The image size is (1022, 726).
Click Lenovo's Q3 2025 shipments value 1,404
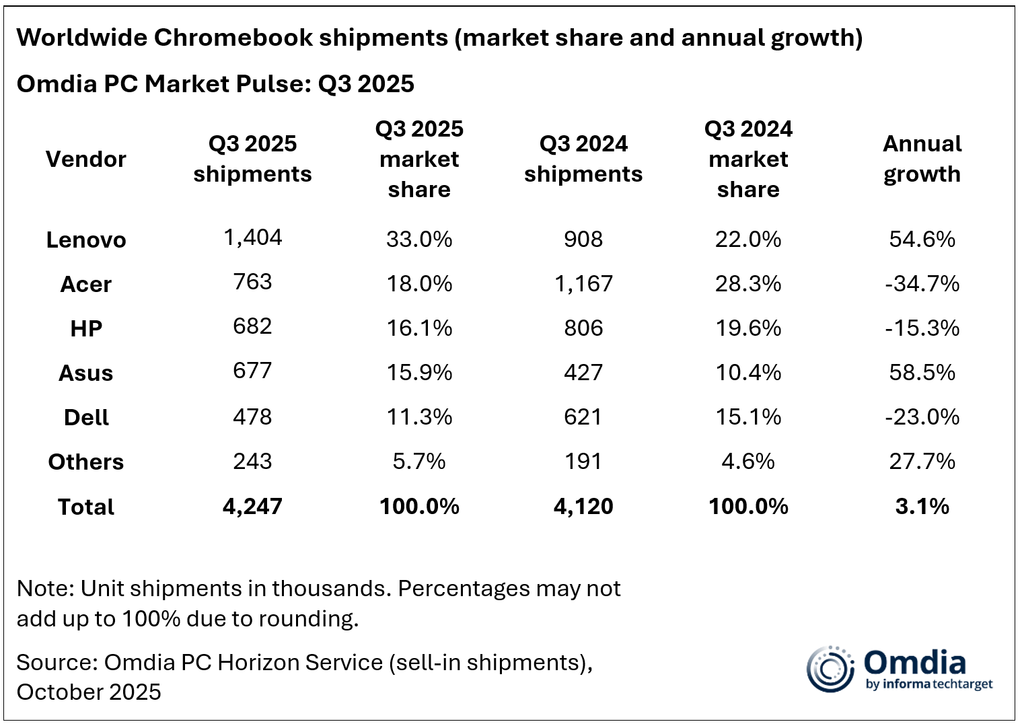coord(252,238)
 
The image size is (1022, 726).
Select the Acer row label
coord(86,284)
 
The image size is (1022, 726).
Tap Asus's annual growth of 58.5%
coord(922,372)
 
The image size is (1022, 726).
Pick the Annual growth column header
coord(922,159)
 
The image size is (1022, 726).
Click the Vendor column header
coord(86,159)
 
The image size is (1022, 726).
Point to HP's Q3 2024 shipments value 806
coord(583,328)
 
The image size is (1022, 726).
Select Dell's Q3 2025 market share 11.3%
coord(419,416)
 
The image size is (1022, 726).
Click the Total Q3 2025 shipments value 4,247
coord(252,506)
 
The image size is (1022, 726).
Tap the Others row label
coord(86,462)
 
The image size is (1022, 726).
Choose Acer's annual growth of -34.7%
coord(922,283)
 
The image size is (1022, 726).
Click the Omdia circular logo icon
coord(830,669)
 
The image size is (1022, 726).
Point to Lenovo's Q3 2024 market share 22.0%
coord(748,239)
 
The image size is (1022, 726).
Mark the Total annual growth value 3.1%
coord(922,506)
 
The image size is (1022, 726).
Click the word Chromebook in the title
coord(233,38)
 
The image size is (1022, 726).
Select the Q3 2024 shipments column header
coord(583,159)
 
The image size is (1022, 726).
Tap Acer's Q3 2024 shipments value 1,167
coord(583,283)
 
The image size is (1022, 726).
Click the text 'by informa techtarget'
coord(929,684)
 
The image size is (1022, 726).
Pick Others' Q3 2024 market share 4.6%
coord(748,461)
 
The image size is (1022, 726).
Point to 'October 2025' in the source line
coord(89,692)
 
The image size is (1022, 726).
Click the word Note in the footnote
coord(44,588)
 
